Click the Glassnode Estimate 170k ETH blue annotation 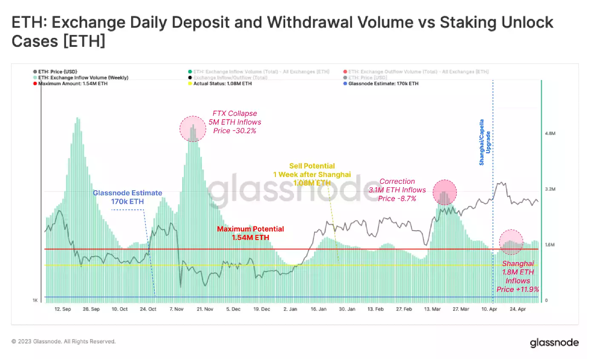(128, 197)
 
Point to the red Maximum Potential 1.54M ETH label (250, 233)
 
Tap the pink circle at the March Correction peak (445, 192)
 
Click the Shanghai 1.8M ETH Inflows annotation (518, 276)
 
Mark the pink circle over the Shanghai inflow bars (512, 242)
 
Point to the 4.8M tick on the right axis (551, 134)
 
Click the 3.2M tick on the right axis (551, 189)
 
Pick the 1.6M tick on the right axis (551, 245)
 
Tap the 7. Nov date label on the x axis (176, 309)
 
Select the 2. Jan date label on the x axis (291, 309)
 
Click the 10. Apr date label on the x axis (490, 309)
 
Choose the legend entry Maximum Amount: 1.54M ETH (72, 84)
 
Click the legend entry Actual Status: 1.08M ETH (223, 84)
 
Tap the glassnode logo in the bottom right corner (554, 343)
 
